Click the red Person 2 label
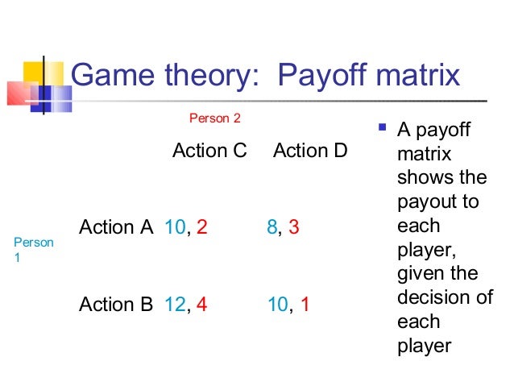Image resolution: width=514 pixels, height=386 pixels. click(214, 119)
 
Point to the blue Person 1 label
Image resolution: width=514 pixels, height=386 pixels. click(34, 250)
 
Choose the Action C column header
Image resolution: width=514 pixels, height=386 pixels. click(209, 151)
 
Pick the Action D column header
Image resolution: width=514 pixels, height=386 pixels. click(310, 151)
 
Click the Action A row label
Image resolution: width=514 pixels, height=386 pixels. click(116, 227)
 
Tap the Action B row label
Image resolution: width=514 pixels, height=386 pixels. click(116, 304)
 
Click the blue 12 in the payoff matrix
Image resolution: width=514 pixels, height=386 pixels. click(174, 304)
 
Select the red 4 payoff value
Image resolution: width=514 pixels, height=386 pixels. click(201, 304)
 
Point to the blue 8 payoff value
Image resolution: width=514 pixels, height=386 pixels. click(272, 227)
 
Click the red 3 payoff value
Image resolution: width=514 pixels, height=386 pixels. click(294, 227)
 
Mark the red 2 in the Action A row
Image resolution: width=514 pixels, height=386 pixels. click(201, 227)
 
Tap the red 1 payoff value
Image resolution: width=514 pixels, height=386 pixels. click(305, 304)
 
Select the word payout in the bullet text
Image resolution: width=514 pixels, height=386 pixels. click(425, 200)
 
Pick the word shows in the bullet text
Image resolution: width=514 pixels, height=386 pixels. click(421, 176)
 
